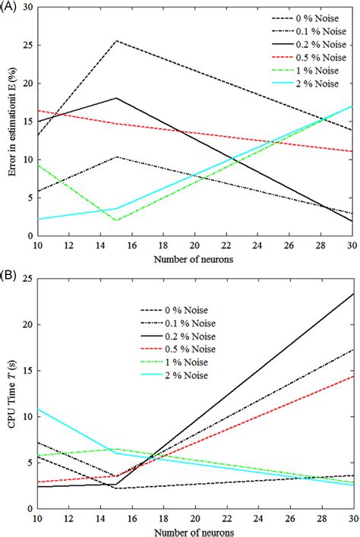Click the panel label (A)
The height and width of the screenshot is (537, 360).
[x=11, y=8]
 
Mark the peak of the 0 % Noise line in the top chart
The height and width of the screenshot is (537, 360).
[x=114, y=41]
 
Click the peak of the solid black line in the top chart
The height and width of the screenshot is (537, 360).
[x=114, y=98]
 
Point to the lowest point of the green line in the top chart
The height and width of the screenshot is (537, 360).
[x=114, y=220]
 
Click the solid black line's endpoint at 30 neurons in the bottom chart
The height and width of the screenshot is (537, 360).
[x=352, y=293]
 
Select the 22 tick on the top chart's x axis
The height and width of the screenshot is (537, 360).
[x=226, y=248]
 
